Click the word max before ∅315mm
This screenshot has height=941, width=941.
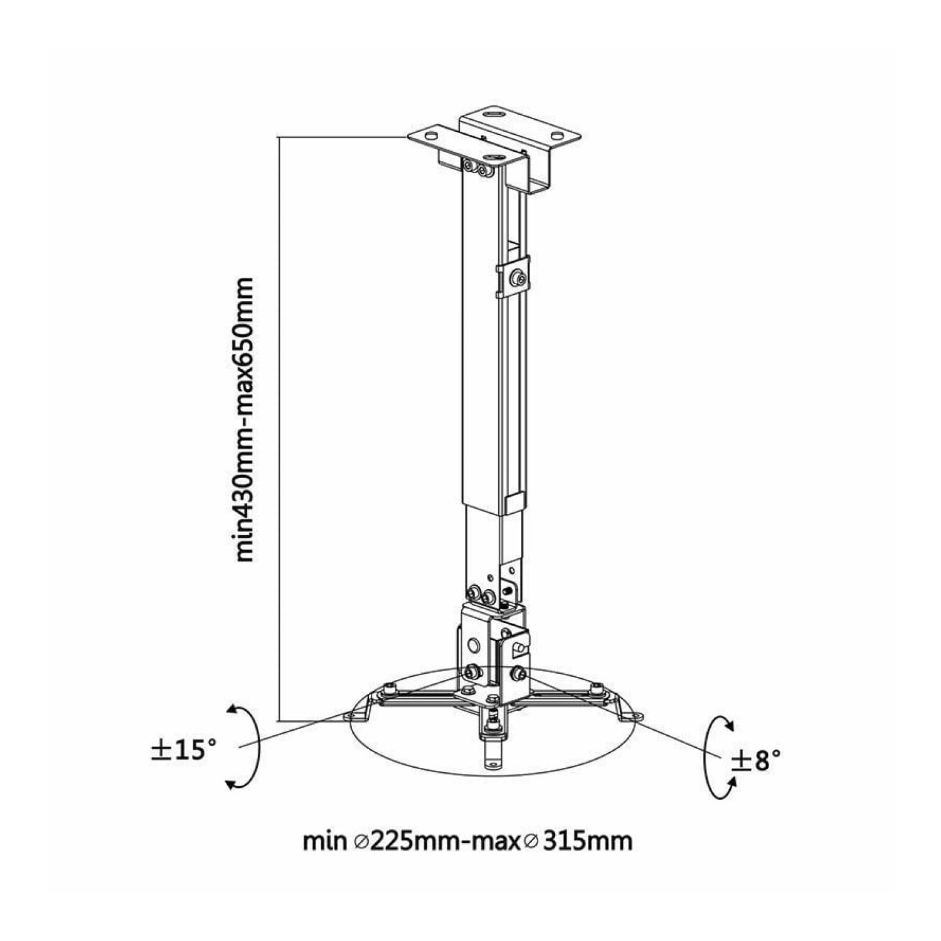pyautogui.click(x=500, y=842)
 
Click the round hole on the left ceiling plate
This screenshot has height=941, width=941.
pyautogui.click(x=430, y=134)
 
